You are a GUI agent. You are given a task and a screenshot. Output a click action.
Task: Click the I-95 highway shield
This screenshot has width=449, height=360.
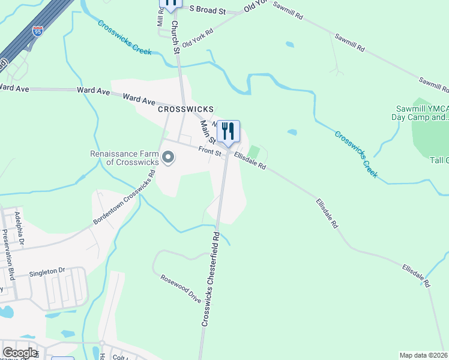(x=38, y=31)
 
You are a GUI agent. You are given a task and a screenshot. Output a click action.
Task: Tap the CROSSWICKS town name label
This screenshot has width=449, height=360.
(x=185, y=109)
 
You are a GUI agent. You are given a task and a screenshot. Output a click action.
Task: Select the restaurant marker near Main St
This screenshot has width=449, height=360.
(x=228, y=132)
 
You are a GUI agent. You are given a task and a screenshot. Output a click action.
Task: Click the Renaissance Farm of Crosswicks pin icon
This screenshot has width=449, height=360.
(x=169, y=158)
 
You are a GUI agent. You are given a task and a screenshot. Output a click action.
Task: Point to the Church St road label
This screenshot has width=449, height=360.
(x=176, y=37)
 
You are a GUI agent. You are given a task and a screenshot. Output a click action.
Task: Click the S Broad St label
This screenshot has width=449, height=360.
(x=207, y=10)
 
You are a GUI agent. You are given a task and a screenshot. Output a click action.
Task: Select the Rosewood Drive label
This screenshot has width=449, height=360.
(x=181, y=289)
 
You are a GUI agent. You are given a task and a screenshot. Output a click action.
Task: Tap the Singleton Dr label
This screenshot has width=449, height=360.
(x=47, y=271)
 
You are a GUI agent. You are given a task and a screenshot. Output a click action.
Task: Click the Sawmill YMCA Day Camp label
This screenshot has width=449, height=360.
(x=421, y=113)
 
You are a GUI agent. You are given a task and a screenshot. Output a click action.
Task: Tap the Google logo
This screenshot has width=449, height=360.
(x=20, y=353)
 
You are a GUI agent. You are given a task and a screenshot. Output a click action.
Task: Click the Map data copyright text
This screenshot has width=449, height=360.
(x=424, y=355)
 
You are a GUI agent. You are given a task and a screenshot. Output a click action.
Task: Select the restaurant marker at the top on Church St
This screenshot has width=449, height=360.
(x=171, y=4)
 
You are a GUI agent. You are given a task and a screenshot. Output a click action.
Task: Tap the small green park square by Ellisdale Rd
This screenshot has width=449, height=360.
(x=254, y=152)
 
